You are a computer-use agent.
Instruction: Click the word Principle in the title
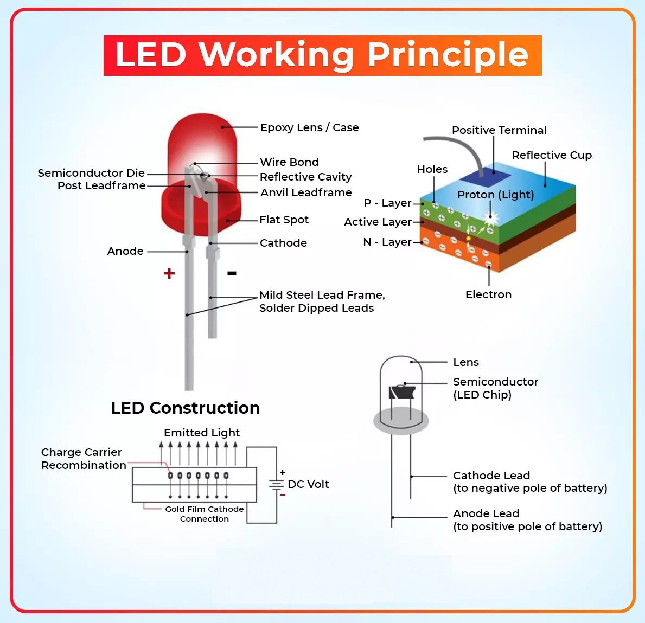pos(448,55)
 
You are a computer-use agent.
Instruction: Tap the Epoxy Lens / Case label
pos(309,127)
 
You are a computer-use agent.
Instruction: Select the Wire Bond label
pos(289,162)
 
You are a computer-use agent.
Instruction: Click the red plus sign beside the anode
pos(169,273)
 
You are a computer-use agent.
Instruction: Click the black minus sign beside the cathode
pos(232,273)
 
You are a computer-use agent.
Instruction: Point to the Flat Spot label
pos(284,220)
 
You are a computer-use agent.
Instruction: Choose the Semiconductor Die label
pos(91,173)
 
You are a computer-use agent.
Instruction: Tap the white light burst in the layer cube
pos(491,219)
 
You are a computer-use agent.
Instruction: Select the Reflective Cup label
pos(552,155)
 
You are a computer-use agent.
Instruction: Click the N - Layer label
pos(387,242)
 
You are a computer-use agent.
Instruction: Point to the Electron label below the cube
pos(488,294)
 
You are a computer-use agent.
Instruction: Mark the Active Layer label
pos(378,222)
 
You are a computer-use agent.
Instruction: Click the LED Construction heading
pos(186,408)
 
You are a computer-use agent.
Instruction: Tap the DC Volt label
pos(308,484)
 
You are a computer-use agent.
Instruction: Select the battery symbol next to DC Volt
pos(277,484)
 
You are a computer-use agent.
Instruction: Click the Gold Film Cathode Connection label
pos(205,513)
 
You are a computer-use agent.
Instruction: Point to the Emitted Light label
pos(202,433)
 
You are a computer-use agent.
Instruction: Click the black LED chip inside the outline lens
pos(402,391)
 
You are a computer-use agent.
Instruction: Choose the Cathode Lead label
pos(491,476)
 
